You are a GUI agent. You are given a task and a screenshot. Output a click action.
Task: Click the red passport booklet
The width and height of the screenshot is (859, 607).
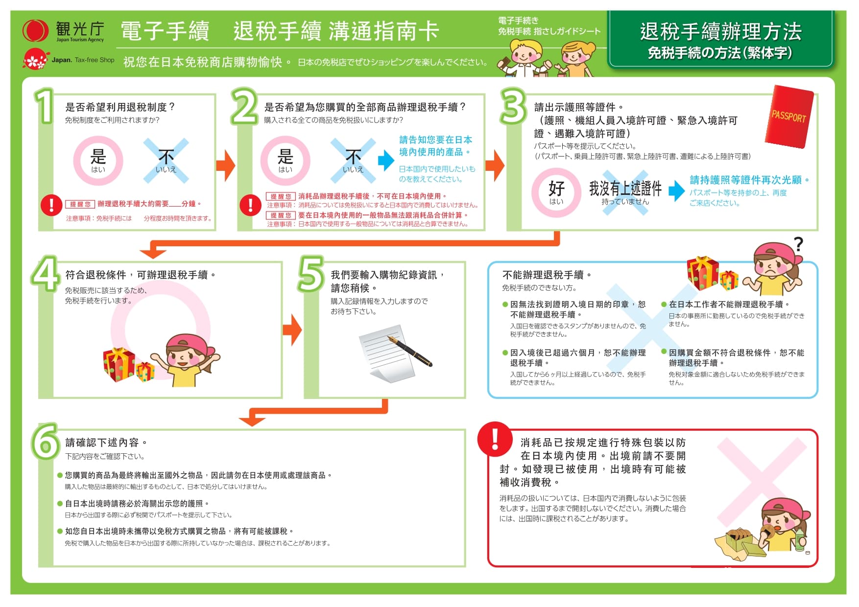point(788,117)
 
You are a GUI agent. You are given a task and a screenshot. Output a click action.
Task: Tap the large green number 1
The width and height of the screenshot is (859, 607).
point(45,106)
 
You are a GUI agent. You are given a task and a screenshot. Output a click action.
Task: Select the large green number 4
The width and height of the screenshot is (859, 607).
point(46,273)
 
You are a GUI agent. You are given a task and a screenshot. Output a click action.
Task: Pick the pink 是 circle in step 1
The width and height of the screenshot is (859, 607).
point(98,161)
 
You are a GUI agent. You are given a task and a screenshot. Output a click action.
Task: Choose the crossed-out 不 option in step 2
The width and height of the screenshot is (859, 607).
point(353,161)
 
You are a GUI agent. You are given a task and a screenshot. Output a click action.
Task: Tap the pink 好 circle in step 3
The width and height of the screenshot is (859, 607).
point(556,192)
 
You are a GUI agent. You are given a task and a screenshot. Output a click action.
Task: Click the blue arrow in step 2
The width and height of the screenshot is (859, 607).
point(386,160)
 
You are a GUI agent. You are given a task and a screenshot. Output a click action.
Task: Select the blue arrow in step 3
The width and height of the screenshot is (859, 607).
point(677,191)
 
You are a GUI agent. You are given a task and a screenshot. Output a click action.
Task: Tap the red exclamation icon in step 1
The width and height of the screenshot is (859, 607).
point(51,205)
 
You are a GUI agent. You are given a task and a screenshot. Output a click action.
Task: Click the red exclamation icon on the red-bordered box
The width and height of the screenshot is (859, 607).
point(495,439)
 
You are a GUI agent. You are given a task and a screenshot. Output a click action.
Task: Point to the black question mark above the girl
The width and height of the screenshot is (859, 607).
point(799,244)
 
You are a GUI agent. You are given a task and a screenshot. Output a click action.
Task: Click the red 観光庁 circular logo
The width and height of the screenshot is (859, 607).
point(35,31)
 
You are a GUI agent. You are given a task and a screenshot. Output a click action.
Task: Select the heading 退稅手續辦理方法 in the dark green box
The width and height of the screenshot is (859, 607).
point(720,31)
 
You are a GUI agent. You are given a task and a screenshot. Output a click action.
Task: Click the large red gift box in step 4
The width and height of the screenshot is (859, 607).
point(119,364)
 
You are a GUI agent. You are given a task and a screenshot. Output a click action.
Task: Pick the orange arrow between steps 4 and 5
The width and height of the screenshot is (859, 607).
point(292,330)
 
